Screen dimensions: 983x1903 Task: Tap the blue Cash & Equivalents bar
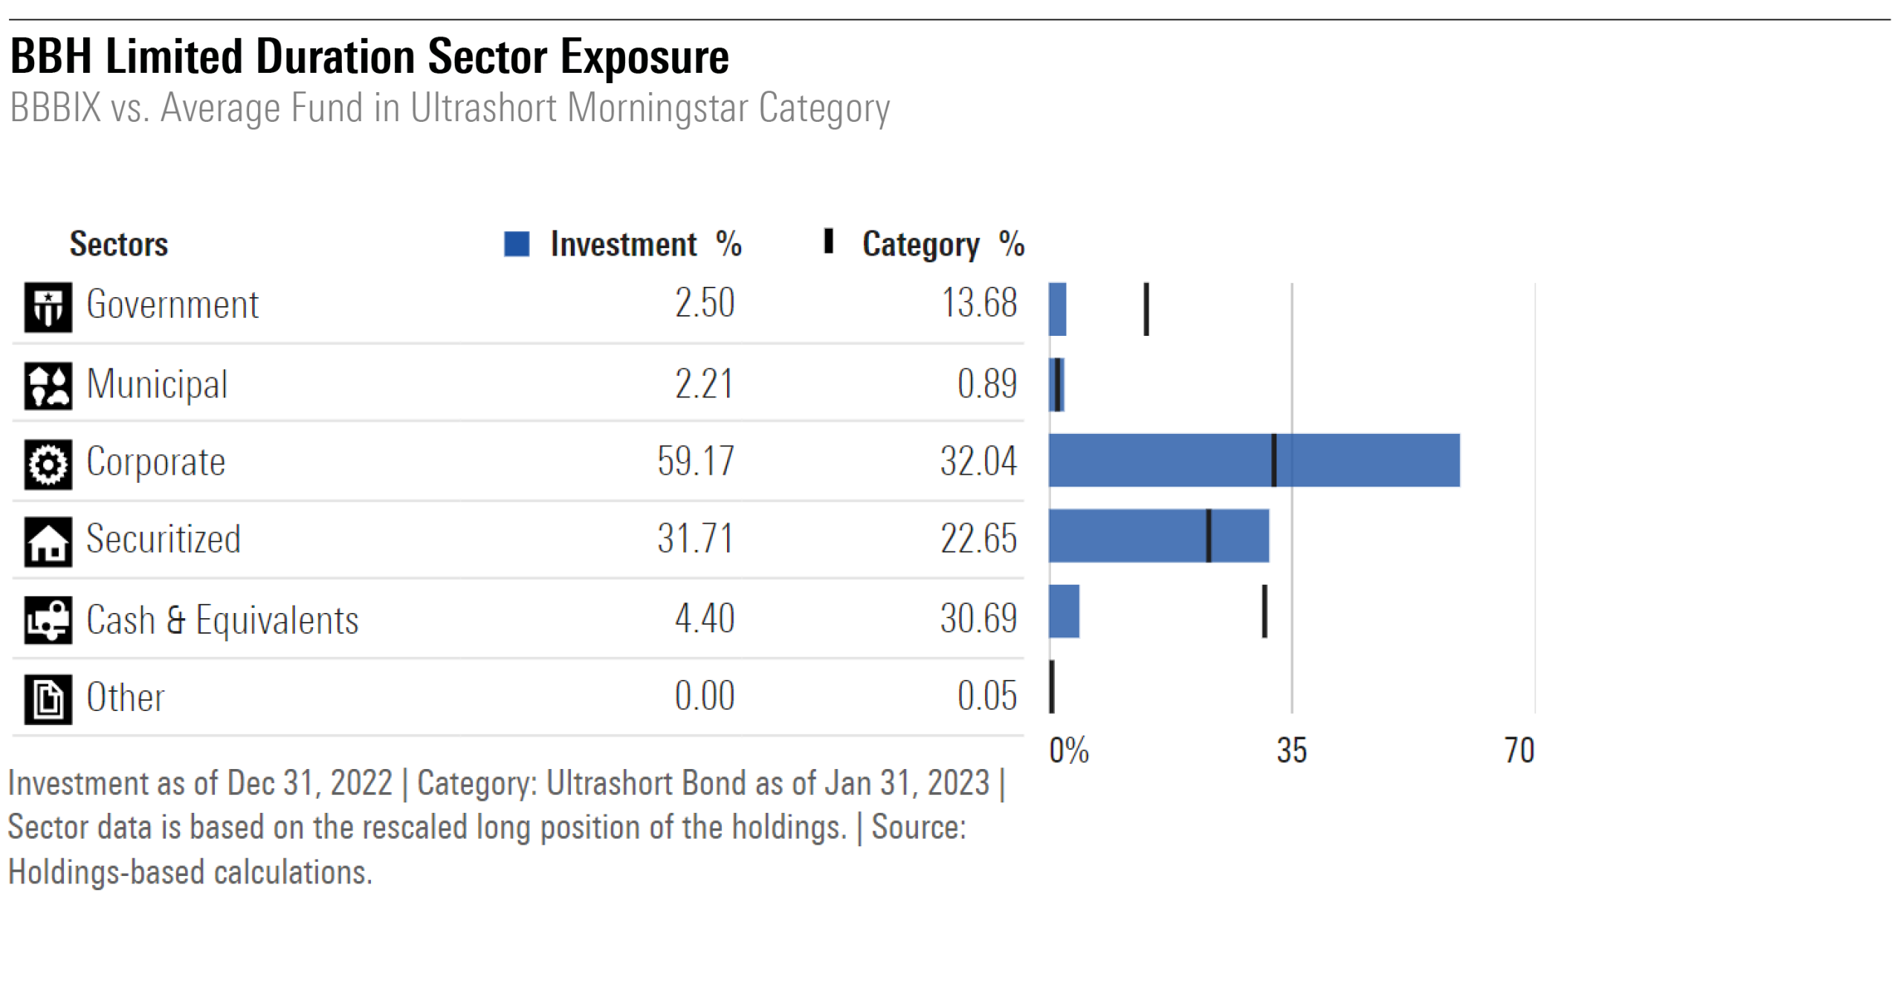point(1064,611)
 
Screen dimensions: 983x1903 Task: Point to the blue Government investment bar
point(1057,308)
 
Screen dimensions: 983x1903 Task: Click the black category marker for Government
point(1146,308)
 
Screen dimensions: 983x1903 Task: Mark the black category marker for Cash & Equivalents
point(1264,611)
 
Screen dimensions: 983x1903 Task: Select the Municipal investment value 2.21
point(703,383)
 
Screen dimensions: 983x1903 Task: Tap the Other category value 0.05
point(986,695)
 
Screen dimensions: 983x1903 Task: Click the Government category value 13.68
point(978,302)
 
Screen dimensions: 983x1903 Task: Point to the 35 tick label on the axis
point(1291,750)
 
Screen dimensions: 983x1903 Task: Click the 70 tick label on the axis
point(1519,750)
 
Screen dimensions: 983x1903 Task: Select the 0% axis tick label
point(1068,750)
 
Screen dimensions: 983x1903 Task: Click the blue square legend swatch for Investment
point(517,244)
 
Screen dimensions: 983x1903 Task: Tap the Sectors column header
point(119,244)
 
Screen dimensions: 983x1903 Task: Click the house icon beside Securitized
point(48,542)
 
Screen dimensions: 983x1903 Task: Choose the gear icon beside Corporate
point(48,464)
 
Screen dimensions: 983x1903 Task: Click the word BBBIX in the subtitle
point(55,108)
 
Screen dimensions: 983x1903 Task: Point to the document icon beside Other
point(48,698)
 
